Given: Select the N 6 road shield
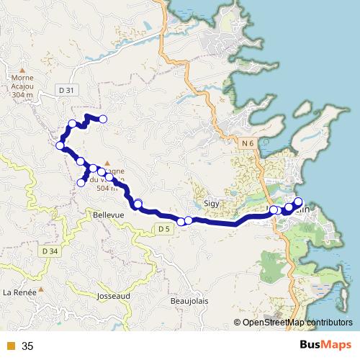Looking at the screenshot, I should pyautogui.click(x=248, y=144).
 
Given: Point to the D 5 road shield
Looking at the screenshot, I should pyautogui.click(x=164, y=229).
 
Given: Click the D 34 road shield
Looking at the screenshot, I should pyautogui.click(x=50, y=250).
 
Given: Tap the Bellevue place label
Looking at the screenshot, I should pyautogui.click(x=109, y=215).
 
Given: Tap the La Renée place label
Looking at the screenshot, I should pyautogui.click(x=19, y=292).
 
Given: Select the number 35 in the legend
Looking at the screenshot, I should pyautogui.click(x=27, y=346).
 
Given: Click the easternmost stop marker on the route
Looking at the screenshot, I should pyautogui.click(x=298, y=202).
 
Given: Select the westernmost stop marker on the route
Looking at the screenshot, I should pyautogui.click(x=60, y=146).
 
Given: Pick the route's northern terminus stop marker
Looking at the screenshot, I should pyautogui.click(x=103, y=119).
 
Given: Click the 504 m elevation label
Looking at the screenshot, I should pyautogui.click(x=106, y=187).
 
